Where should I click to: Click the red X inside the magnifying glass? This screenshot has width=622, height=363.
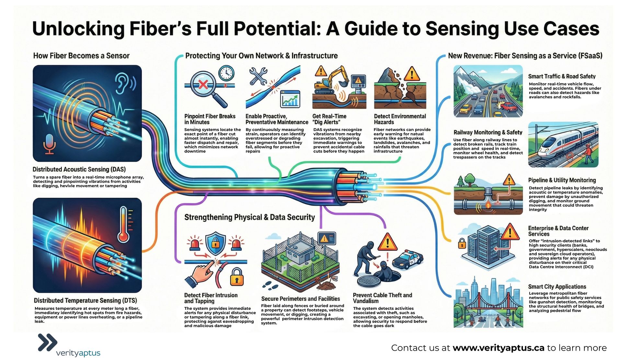[203, 85]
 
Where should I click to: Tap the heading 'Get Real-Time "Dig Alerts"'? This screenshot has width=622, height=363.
[329, 119]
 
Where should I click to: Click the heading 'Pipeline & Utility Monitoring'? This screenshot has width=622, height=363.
[562, 180]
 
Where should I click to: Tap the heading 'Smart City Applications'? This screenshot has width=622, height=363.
[557, 287]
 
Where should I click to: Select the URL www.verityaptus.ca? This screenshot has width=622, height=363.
[498, 348]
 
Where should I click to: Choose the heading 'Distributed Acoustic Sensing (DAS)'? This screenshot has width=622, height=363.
[79, 169]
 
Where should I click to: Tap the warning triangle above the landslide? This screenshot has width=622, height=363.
[412, 74]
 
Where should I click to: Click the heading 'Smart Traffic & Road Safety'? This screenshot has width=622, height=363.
[561, 76]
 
